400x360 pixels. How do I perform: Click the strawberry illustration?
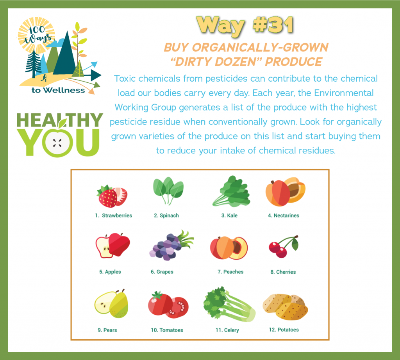click(x=112, y=196)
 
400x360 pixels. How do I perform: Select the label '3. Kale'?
click(x=229, y=216)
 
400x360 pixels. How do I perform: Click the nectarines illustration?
click(x=286, y=191)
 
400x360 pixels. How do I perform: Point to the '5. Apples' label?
click(x=110, y=272)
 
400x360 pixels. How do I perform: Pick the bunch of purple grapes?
click(x=171, y=245)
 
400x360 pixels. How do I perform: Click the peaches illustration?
click(x=229, y=248)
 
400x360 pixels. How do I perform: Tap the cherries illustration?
click(x=284, y=246)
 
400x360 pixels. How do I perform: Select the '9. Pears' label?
click(x=107, y=330)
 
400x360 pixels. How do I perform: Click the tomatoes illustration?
click(x=168, y=305)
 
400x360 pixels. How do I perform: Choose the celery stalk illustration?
click(x=229, y=304)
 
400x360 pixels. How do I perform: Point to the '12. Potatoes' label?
click(x=284, y=330)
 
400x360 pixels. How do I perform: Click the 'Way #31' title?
click(x=245, y=25)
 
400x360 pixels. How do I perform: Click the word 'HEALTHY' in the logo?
click(x=60, y=120)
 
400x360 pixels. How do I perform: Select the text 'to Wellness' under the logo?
click(x=58, y=90)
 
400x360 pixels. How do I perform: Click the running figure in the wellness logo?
click(x=44, y=78)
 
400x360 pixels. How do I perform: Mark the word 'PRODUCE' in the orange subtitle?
click(x=293, y=62)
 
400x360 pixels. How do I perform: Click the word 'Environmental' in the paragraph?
click(x=344, y=93)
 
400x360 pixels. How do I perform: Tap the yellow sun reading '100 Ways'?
click(x=36, y=35)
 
